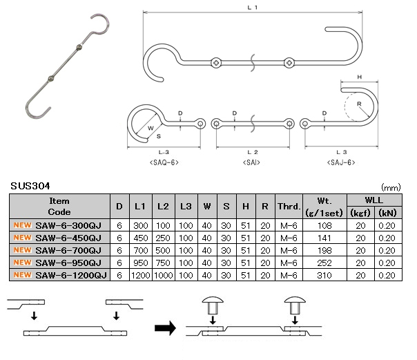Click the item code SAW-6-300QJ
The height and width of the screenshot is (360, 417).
(x=68, y=225)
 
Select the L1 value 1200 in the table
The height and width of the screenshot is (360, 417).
(x=141, y=275)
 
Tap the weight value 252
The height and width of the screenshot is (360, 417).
(x=324, y=263)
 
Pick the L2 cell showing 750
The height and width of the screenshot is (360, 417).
(x=163, y=263)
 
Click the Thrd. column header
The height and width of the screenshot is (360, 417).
(x=289, y=206)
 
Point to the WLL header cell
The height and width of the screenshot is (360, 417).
(x=374, y=200)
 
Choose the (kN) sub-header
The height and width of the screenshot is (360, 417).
(x=388, y=213)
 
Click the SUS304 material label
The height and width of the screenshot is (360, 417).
(x=30, y=186)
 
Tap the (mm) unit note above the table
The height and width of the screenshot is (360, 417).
(x=391, y=187)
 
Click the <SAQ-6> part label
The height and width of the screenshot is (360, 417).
(x=164, y=162)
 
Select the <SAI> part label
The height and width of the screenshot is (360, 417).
(x=251, y=162)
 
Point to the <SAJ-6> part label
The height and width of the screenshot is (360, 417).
(x=341, y=162)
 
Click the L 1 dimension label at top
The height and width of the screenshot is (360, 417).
(x=253, y=8)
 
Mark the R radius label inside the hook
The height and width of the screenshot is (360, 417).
(x=359, y=104)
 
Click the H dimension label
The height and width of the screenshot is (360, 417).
(x=360, y=77)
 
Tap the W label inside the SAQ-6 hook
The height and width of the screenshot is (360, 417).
(x=151, y=128)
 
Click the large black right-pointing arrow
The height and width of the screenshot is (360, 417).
(x=165, y=328)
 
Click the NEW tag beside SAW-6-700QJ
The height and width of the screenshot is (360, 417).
(x=23, y=250)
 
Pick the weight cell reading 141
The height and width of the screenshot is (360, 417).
(x=324, y=238)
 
